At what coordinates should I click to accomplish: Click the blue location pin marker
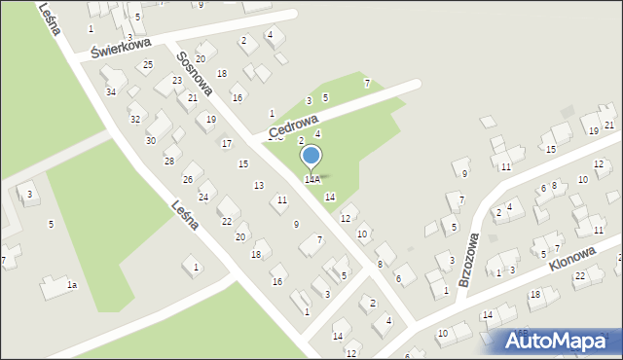pyautogui.click(x=311, y=156)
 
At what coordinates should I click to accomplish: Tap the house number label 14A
pyautogui.click(x=311, y=180)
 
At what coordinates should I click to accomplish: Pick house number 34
pyautogui.click(x=111, y=91)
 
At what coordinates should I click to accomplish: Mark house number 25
pyautogui.click(x=148, y=65)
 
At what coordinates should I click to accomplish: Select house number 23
pyautogui.click(x=177, y=81)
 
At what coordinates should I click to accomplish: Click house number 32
pyautogui.click(x=135, y=119)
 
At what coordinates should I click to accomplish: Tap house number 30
pyautogui.click(x=151, y=140)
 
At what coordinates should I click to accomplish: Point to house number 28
pyautogui.click(x=168, y=161)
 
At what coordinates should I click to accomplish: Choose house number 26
pyautogui.click(x=187, y=180)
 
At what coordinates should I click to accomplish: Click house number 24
pyautogui.click(x=203, y=198)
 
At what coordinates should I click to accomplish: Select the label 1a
pyautogui.click(x=71, y=285)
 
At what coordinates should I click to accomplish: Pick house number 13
pyautogui.click(x=258, y=185)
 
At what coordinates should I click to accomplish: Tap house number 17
pyautogui.click(x=226, y=144)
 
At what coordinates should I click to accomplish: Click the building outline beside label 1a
pyautogui.click(x=51, y=288)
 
